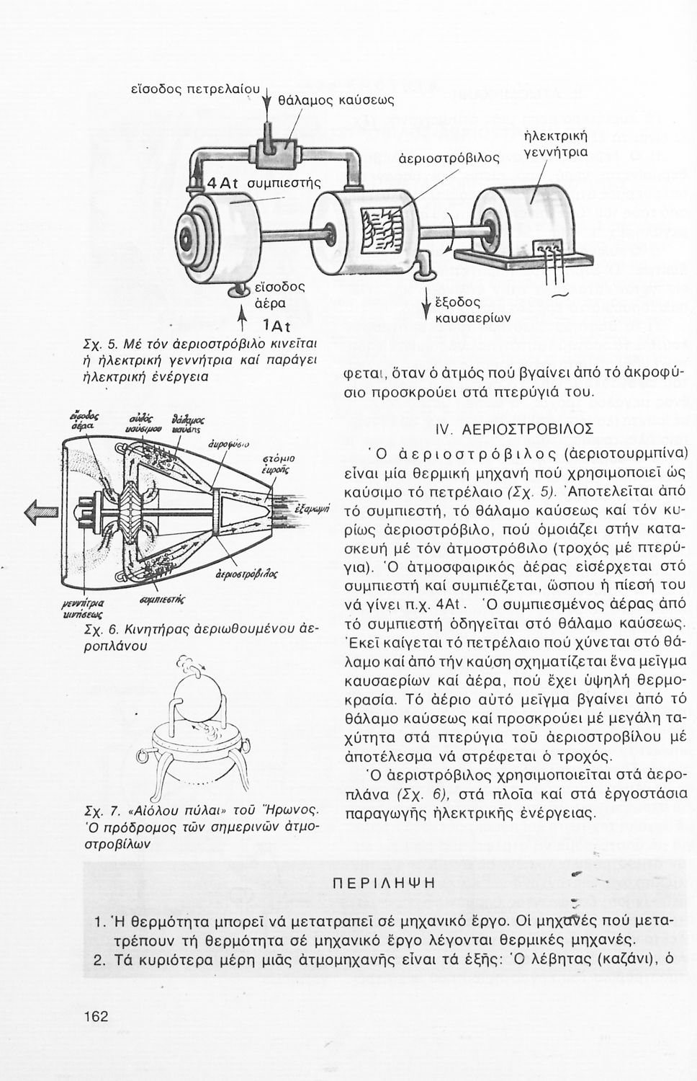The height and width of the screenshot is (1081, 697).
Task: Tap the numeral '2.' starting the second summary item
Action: [x=102, y=959]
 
